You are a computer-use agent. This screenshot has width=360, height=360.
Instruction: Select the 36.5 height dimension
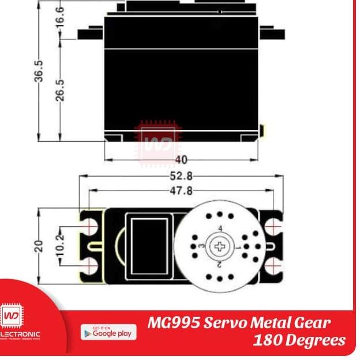(x=39, y=70)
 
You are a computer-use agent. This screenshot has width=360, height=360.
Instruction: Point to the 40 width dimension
(x=181, y=160)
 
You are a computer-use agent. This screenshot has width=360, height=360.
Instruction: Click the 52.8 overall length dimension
(x=181, y=176)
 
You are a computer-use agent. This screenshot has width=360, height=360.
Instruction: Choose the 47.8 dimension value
(x=181, y=191)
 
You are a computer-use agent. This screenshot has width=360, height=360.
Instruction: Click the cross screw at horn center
(x=220, y=247)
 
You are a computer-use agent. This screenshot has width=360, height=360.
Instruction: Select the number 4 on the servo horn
(x=220, y=228)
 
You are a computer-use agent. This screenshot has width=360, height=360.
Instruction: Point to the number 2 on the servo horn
(x=220, y=265)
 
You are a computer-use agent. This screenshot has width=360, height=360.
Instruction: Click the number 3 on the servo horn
(x=201, y=246)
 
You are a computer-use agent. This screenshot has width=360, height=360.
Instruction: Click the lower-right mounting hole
(x=273, y=265)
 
